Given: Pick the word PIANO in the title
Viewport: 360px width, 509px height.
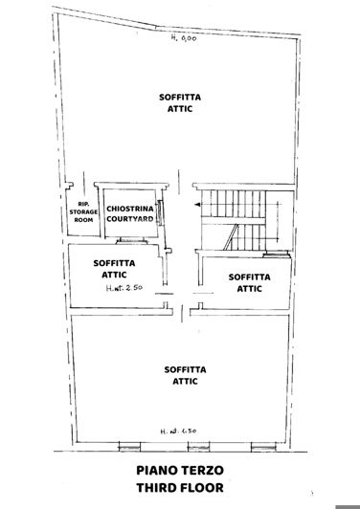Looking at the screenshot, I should coord(152,471).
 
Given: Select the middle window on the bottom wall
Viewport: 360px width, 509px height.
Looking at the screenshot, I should coord(179,443).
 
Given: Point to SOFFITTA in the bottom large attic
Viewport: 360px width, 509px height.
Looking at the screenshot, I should coord(180,368).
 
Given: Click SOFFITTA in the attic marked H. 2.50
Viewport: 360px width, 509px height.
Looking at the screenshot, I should coord(114,262).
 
